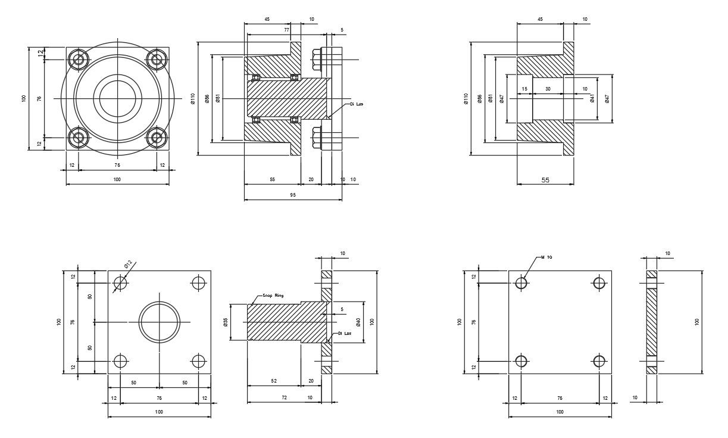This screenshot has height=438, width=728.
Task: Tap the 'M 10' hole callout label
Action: click(546, 257)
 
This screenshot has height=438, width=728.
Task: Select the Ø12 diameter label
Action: click(128, 264)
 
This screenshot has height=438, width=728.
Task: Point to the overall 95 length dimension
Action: click(293, 195)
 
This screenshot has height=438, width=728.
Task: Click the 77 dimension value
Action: click(286, 29)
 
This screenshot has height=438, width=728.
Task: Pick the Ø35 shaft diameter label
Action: click(226, 322)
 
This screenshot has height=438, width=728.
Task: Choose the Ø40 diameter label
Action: click(358, 322)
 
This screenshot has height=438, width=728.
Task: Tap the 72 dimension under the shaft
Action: click(284, 397)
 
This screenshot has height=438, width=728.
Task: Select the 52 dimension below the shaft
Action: click(273, 380)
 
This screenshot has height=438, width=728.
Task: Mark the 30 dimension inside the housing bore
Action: click(548, 89)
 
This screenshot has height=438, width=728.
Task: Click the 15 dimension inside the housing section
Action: click(524, 89)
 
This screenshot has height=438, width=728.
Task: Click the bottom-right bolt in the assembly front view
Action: click(157, 138)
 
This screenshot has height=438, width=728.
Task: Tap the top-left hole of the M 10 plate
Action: click(521, 282)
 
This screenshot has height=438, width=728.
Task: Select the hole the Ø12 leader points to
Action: click(120, 282)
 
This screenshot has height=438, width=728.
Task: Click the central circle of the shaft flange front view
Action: click(160, 322)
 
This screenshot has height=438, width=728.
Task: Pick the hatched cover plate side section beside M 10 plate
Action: click(652, 322)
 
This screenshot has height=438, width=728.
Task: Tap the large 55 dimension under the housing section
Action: click(545, 179)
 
